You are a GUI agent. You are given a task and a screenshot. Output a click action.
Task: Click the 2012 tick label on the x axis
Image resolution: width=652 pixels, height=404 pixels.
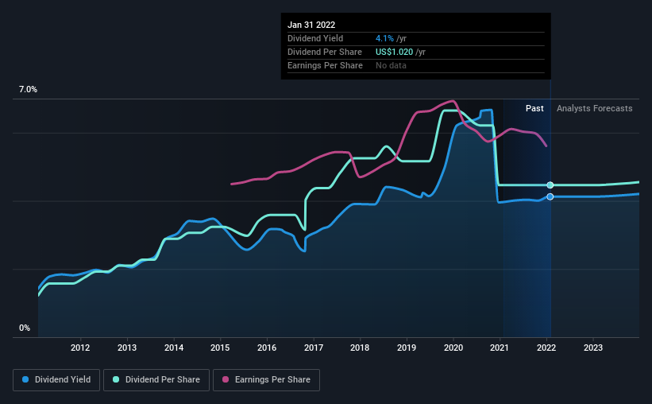(x=80, y=348)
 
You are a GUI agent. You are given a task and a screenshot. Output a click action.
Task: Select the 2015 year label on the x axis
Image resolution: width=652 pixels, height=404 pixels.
(x=220, y=348)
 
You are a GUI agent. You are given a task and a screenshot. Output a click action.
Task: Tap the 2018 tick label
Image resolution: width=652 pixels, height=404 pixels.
(x=360, y=348)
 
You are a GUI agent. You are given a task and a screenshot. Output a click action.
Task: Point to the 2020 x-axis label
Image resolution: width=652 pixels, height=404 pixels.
(x=453, y=348)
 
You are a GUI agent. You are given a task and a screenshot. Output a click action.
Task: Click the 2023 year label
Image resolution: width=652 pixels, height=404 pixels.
(x=593, y=348)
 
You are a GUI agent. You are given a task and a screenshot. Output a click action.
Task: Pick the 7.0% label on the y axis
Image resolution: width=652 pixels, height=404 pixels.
(x=28, y=90)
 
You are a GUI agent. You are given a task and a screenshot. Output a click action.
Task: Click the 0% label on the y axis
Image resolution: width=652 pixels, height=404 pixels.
(x=25, y=328)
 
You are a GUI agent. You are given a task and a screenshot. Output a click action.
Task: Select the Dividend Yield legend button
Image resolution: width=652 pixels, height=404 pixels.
(x=56, y=380)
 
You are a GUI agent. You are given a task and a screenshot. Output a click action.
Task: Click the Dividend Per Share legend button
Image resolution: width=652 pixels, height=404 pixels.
(x=161, y=380)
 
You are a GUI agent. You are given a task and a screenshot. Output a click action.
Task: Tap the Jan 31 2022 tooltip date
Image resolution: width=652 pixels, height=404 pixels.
(x=311, y=24)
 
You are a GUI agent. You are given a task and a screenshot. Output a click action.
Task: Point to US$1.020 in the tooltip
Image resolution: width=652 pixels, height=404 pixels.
(x=399, y=52)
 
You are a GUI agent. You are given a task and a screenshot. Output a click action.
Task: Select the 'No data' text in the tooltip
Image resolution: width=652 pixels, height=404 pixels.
(x=391, y=65)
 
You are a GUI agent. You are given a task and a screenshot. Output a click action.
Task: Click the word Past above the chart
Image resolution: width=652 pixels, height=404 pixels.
(x=534, y=108)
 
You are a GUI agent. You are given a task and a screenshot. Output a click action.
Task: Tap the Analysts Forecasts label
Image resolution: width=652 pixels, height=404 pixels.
(x=595, y=108)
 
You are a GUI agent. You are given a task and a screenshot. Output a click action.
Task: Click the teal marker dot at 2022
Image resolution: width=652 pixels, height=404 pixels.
(x=550, y=185)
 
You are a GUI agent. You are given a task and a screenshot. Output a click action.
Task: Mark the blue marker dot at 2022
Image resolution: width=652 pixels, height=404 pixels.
(x=550, y=196)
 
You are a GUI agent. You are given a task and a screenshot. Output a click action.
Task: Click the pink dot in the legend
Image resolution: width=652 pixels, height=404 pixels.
(x=227, y=380)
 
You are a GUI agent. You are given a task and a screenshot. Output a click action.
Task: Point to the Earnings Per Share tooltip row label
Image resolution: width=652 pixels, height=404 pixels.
(x=325, y=65)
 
